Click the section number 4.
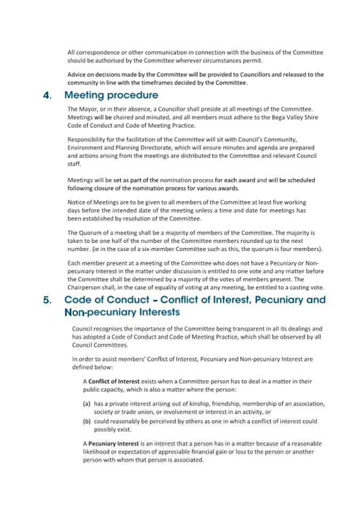(47, 96)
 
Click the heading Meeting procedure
(111, 96)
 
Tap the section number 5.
(47, 300)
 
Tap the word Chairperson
(84, 287)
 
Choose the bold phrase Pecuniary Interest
(114, 444)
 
